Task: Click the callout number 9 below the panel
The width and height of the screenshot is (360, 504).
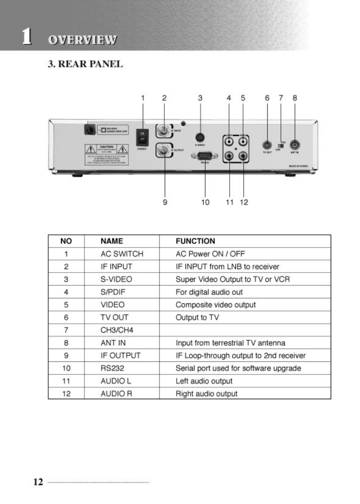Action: (165, 202)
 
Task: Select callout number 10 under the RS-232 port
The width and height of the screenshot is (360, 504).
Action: (205, 202)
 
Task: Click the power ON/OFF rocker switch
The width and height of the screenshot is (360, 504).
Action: (143, 137)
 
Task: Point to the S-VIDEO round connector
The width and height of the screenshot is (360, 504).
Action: (200, 137)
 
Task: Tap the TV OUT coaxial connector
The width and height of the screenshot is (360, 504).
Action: (267, 144)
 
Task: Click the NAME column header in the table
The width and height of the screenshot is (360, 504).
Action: (112, 241)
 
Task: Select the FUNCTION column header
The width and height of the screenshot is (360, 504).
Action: (195, 241)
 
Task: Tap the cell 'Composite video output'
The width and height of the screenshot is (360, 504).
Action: (216, 305)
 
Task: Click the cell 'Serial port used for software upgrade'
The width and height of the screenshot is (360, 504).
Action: (238, 368)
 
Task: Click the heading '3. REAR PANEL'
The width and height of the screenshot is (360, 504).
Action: (85, 64)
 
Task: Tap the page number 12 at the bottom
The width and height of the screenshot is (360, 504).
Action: (38, 482)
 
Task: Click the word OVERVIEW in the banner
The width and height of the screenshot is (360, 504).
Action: (82, 40)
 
